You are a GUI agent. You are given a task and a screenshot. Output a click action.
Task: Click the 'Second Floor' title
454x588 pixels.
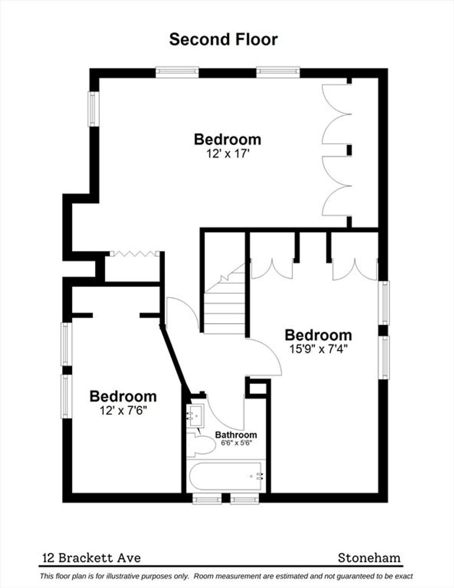tap(223, 39)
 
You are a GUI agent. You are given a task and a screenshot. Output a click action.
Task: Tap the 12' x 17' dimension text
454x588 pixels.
tap(227, 154)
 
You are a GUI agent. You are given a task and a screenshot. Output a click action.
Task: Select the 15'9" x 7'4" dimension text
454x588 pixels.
tap(318, 349)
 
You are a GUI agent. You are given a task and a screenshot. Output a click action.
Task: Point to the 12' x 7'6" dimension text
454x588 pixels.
tap(123, 411)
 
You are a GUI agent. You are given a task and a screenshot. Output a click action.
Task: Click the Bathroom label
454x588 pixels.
tap(236, 435)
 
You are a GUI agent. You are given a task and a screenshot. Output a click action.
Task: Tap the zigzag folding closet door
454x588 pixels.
tap(134, 254)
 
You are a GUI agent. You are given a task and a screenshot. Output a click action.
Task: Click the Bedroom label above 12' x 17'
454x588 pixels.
tap(227, 140)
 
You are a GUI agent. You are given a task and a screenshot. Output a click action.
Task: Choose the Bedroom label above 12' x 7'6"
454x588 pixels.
tap(123, 396)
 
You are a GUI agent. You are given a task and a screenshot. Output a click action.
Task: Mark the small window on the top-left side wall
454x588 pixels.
tap(93, 109)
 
